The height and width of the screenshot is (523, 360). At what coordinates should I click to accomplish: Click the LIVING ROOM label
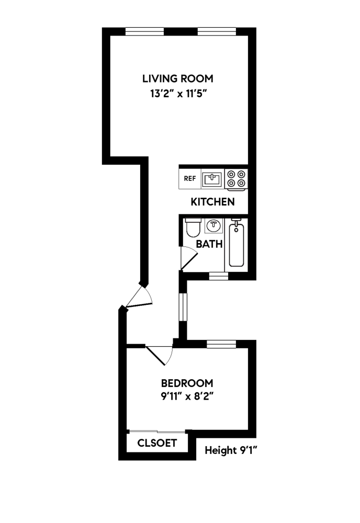pos(178,79)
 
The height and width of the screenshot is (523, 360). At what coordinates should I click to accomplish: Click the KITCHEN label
pos(212,202)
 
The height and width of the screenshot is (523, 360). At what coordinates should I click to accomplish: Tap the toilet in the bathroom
pos(192,228)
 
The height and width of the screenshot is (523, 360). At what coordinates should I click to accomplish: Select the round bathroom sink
pos(213,226)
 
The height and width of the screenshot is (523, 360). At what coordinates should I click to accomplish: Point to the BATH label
pos(209,244)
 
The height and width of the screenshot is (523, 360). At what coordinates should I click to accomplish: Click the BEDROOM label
pos(187,382)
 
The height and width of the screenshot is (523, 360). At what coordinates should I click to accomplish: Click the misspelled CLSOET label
pos(157,443)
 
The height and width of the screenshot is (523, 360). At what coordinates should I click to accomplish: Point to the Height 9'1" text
pos(230,450)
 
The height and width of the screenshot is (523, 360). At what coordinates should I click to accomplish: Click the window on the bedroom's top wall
pos(221,344)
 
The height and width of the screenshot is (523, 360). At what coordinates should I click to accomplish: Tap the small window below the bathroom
pos(218,276)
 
